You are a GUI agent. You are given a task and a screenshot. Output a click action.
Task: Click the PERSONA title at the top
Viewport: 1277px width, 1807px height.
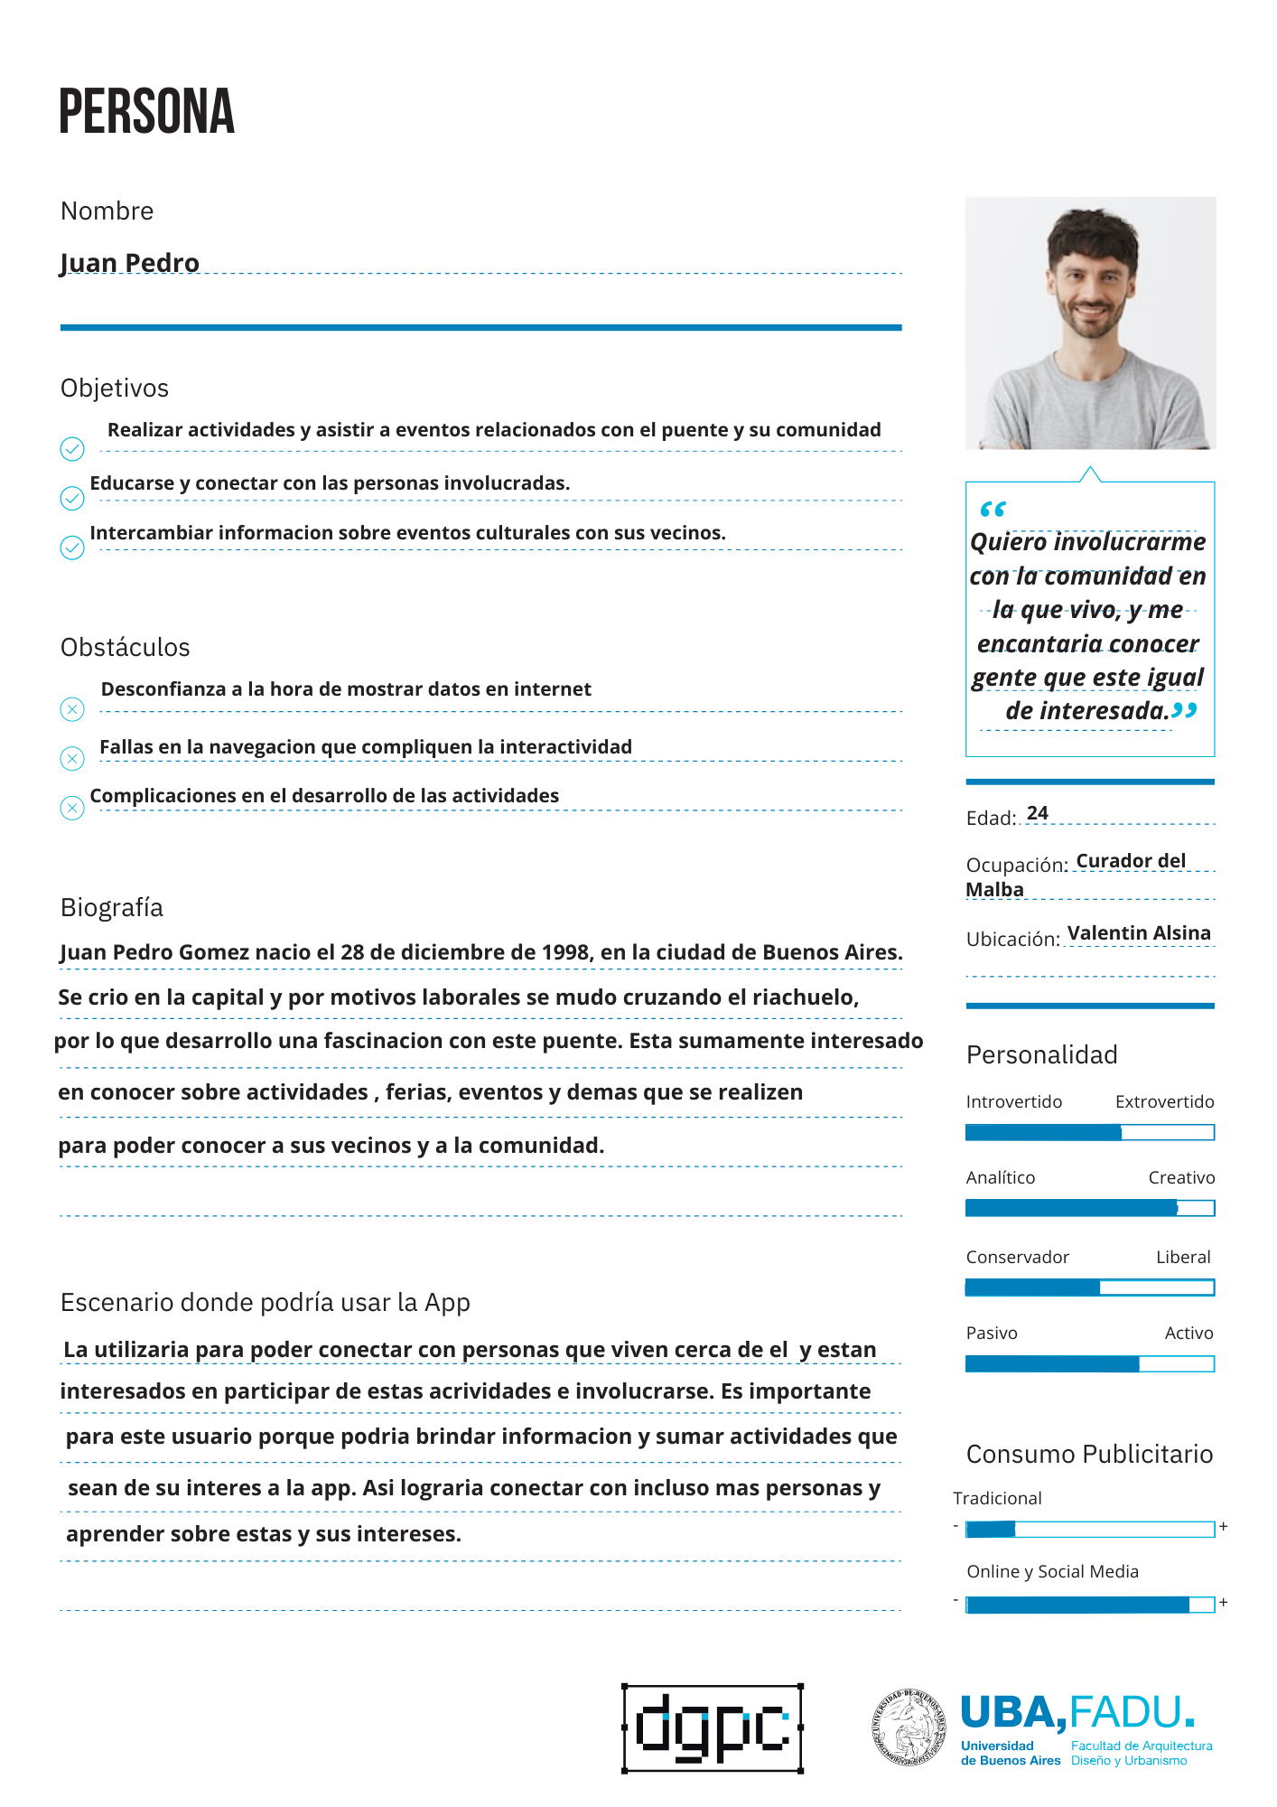click(x=146, y=112)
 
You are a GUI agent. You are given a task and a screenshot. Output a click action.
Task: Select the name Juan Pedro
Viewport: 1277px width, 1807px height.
click(x=129, y=262)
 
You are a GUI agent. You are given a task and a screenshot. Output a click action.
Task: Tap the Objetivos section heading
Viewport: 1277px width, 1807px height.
click(x=115, y=389)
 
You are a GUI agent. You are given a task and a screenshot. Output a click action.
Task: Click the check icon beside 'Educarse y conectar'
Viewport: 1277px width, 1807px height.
click(x=72, y=498)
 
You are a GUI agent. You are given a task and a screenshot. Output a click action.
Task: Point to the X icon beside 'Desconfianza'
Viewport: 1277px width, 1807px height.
click(x=72, y=709)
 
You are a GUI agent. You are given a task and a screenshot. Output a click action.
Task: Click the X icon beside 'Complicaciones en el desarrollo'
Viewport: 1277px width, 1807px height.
click(x=72, y=808)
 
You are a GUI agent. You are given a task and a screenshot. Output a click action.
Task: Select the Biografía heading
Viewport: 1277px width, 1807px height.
click(x=112, y=908)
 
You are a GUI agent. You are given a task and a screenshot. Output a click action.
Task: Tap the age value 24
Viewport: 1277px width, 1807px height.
click(x=1038, y=813)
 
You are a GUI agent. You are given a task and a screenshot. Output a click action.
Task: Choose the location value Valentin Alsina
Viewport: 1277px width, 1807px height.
click(x=1139, y=933)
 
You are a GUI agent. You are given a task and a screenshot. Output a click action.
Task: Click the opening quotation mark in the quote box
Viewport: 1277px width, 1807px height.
click(x=993, y=510)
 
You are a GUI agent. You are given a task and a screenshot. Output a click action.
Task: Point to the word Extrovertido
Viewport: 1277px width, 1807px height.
click(x=1164, y=1102)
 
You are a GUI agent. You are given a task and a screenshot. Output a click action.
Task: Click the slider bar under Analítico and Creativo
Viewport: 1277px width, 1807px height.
click(x=1089, y=1208)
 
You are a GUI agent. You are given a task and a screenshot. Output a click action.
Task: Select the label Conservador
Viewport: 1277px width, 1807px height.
click(x=1017, y=1258)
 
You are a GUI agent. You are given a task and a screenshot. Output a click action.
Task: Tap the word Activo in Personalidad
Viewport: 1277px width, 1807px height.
click(x=1188, y=1334)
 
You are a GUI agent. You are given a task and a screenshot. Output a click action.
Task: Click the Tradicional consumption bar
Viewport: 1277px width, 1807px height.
click(x=1089, y=1529)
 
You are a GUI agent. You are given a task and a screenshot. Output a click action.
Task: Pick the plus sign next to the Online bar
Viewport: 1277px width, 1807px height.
click(x=1224, y=1603)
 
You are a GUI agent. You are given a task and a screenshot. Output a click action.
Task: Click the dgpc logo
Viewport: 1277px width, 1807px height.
click(x=713, y=1728)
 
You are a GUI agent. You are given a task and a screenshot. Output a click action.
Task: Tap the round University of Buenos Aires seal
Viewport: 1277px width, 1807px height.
click(x=909, y=1727)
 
